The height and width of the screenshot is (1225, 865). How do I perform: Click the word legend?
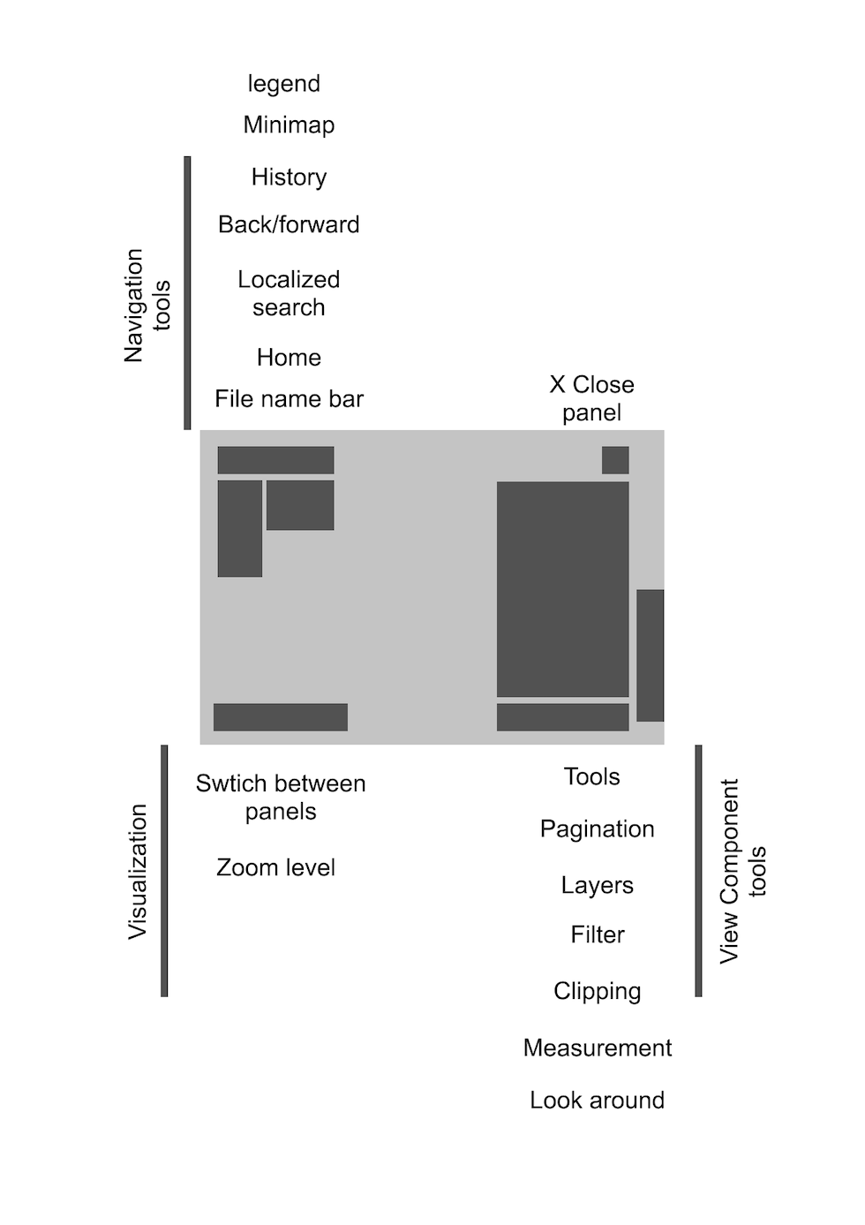[283, 84]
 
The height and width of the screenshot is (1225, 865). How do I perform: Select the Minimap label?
[289, 125]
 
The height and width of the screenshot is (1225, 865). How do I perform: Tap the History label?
[289, 177]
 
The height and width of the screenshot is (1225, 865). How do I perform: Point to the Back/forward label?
[289, 224]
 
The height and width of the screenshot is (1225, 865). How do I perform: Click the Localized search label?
[289, 293]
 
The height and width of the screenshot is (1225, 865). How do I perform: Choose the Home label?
[289, 358]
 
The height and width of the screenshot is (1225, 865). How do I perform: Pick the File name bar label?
[289, 399]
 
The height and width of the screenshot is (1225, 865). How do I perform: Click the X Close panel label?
[591, 398]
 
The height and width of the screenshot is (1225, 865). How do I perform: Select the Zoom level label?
[275, 867]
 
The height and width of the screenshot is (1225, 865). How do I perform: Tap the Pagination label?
[597, 829]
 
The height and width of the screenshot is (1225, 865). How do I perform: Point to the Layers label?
[597, 885]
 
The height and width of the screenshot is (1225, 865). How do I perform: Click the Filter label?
[597, 934]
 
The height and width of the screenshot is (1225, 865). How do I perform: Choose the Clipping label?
[597, 991]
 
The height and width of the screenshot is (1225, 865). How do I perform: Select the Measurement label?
[597, 1047]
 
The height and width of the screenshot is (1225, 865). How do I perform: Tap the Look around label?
[597, 1100]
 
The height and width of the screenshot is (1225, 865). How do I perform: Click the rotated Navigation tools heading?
[147, 305]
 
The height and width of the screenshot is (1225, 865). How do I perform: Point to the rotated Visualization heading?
[138, 871]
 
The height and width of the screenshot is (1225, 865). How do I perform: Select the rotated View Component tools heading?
[742, 871]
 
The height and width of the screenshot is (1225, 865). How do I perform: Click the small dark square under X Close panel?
[615, 460]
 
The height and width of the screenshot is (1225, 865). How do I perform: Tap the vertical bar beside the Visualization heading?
[164, 871]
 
